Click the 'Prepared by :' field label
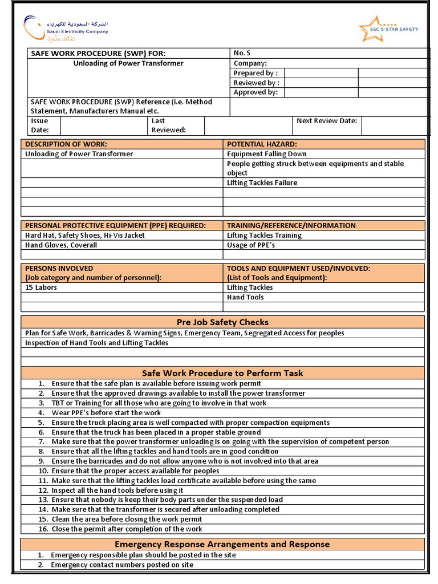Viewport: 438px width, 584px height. click(255, 73)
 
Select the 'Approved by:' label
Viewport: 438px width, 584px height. click(255, 92)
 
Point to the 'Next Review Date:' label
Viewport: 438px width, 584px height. click(327, 121)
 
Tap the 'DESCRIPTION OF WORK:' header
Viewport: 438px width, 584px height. click(66, 144)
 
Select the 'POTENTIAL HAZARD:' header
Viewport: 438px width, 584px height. click(262, 144)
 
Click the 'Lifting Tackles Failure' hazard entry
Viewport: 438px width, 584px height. click(262, 183)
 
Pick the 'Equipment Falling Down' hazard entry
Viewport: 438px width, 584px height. click(266, 154)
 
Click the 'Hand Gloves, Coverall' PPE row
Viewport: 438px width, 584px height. click(61, 245)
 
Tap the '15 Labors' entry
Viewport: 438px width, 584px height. click(41, 287)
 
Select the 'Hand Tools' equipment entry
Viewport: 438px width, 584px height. click(245, 297)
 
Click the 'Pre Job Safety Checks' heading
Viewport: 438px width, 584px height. click(222, 322)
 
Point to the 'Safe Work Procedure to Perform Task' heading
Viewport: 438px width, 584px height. click(222, 373)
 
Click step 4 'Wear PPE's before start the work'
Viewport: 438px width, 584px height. click(106, 412)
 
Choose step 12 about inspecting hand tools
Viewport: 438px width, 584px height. click(117, 490)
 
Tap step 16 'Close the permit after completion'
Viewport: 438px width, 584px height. click(127, 529)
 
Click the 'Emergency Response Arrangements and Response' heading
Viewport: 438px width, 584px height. click(222, 544)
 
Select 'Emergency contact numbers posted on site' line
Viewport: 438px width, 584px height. click(122, 565)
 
